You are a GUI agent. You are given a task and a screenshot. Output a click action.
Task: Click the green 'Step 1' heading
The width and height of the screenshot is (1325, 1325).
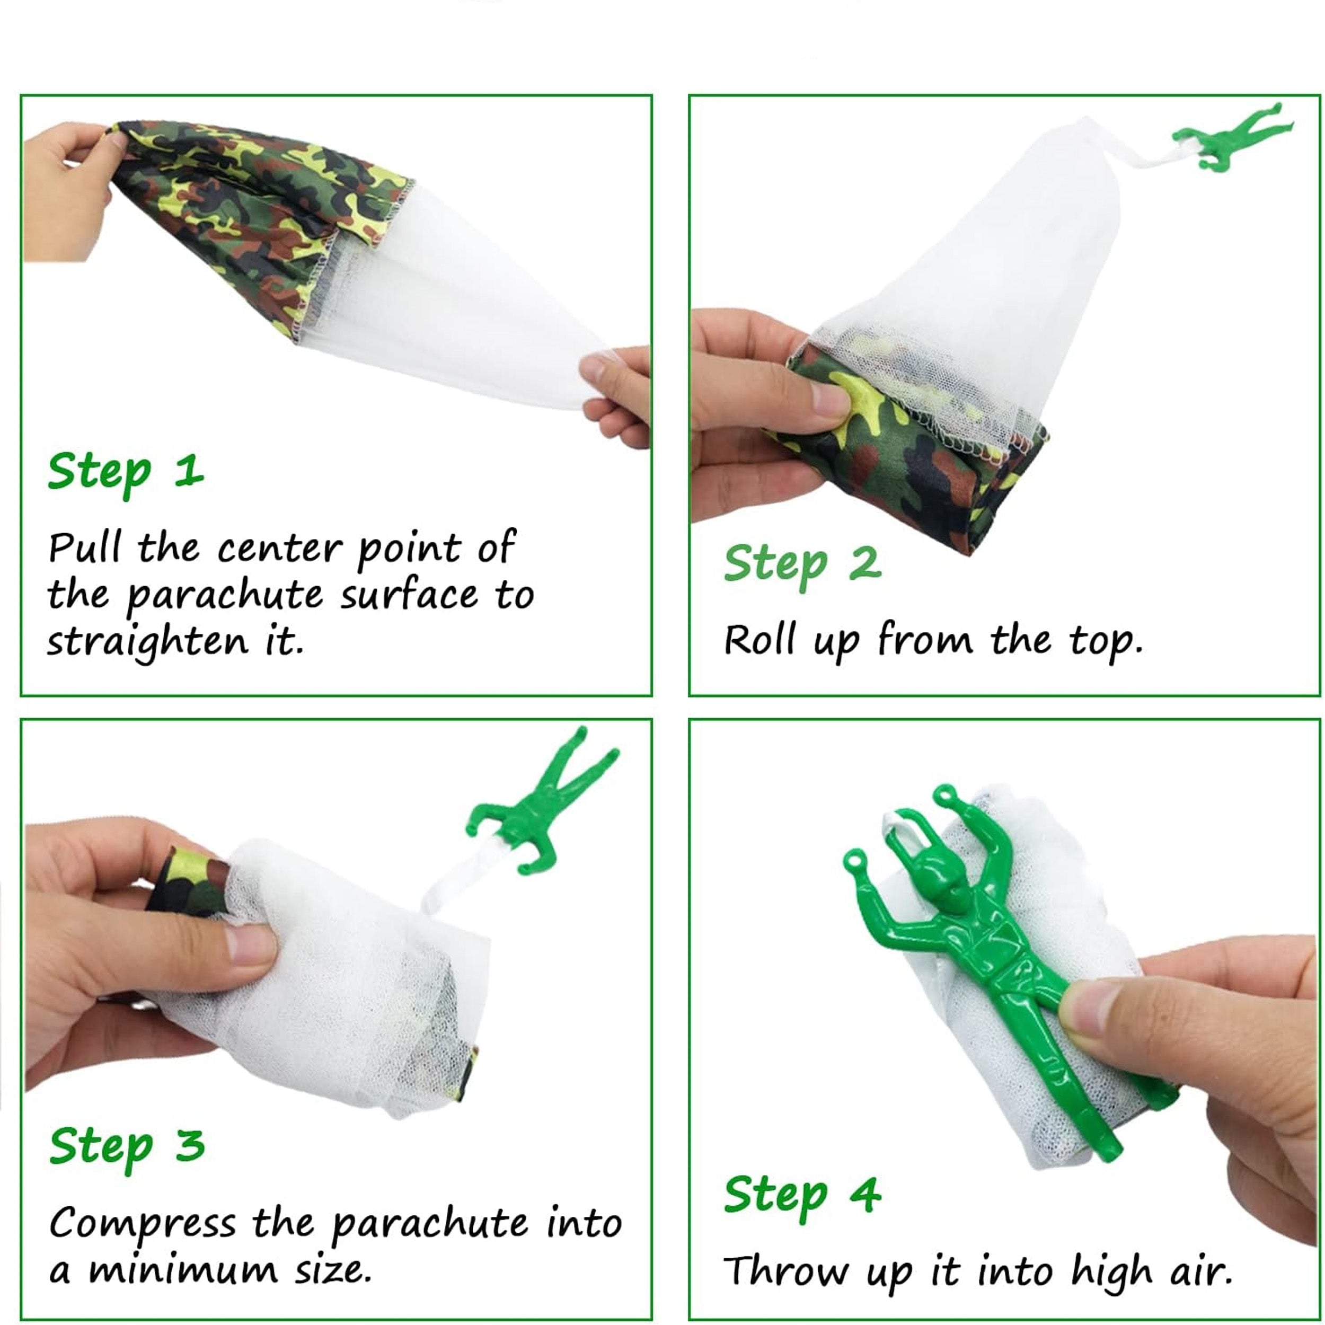pos(126,474)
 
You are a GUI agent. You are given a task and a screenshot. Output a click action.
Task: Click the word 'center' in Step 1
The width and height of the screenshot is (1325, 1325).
pos(279,549)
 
